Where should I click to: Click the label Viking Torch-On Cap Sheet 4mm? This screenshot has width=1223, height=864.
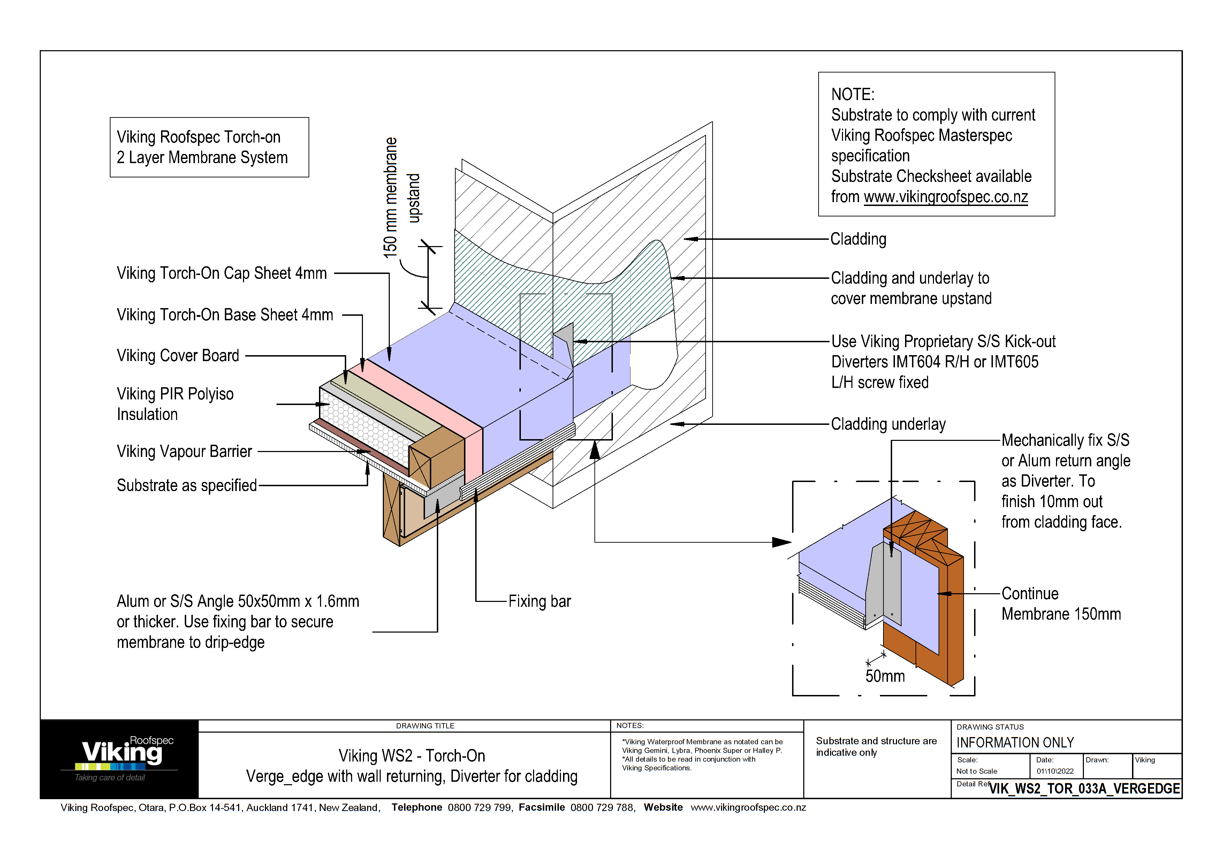222,274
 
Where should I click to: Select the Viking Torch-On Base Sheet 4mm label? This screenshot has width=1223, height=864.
225,315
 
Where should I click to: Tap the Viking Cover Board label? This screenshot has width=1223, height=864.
178,355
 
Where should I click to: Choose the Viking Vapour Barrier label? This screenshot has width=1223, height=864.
184,451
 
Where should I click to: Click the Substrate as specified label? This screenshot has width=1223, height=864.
187,485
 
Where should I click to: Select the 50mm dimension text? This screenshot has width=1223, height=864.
885,676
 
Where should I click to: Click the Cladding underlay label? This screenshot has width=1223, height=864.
888,424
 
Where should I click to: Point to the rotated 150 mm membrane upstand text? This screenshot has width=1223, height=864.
401,198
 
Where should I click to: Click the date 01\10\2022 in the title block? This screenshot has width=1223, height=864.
1055,771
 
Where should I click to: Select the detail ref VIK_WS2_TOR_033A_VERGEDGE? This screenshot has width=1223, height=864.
1084,788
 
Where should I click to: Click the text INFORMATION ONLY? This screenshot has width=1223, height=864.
1015,743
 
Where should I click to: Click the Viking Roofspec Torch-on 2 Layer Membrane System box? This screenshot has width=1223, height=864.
209,147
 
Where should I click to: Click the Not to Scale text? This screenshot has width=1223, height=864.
977,771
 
